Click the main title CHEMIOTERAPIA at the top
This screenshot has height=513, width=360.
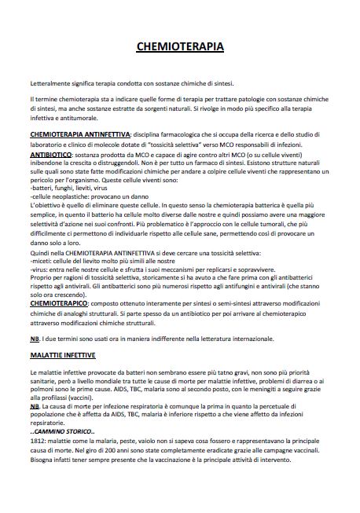click(x=180, y=48)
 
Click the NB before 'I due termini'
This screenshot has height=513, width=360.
click(x=34, y=338)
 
